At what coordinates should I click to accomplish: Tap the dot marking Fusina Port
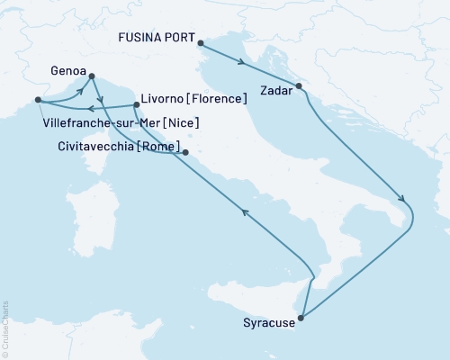pos(201,42)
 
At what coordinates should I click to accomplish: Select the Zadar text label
pos(275,90)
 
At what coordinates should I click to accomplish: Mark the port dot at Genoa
pos(94,78)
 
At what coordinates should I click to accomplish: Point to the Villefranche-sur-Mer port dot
pos(37,100)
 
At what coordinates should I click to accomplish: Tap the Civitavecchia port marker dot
pos(185,153)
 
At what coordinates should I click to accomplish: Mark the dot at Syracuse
pos(301,318)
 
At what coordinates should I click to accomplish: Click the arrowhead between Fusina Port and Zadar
pos(242,62)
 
